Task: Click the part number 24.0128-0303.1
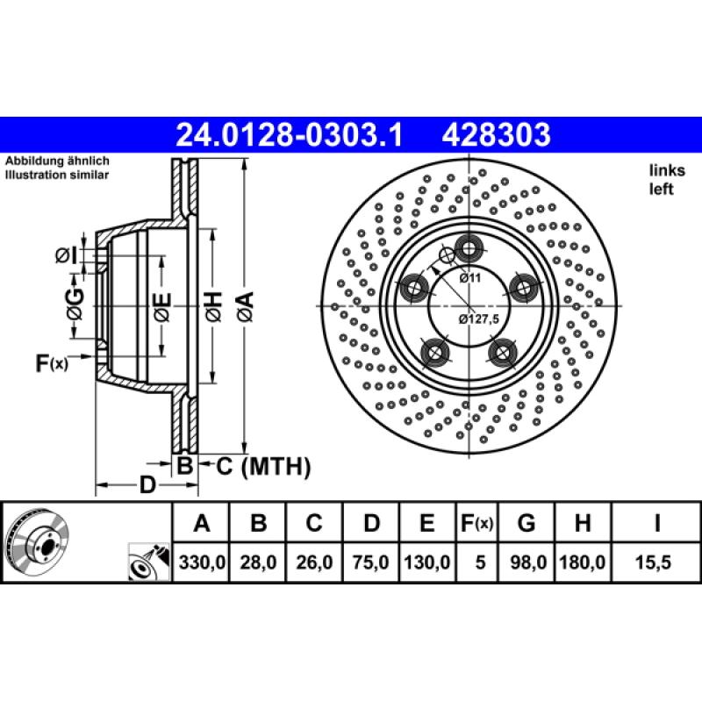point(289,135)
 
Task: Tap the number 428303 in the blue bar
point(496,135)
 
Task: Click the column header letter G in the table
point(526,524)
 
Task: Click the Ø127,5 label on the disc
point(478,319)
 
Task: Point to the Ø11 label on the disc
point(472,278)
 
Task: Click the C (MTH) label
point(263,468)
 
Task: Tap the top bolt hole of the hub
point(469,249)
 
